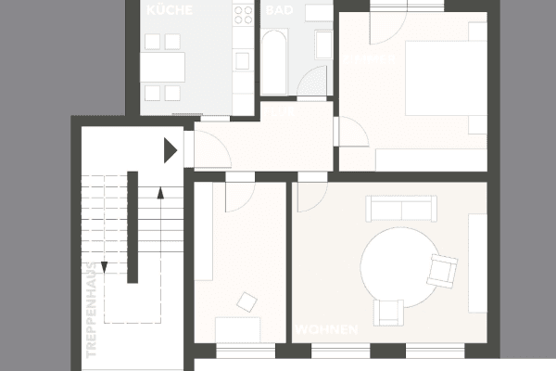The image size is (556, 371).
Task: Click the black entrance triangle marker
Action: (x=170, y=150)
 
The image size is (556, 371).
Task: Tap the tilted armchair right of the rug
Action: (x=444, y=271)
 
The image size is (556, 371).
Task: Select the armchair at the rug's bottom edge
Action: (x=388, y=312)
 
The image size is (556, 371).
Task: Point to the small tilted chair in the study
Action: (x=247, y=301)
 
